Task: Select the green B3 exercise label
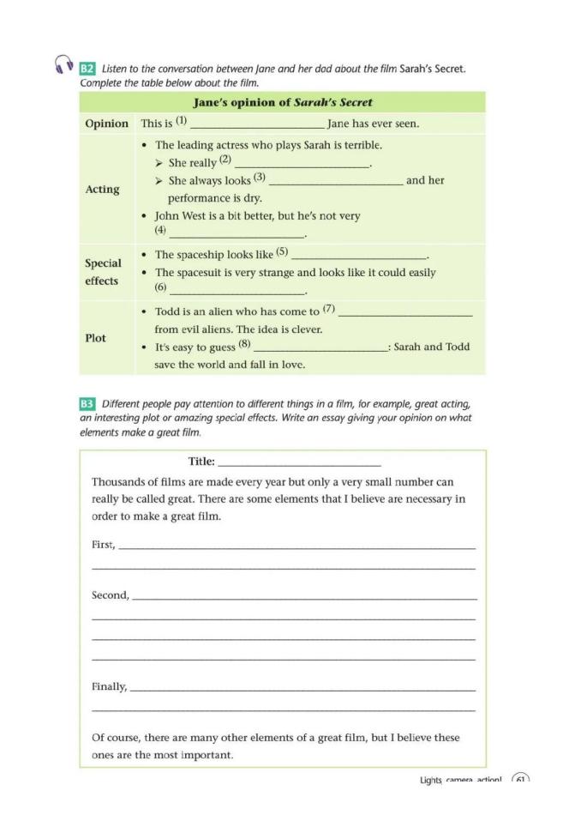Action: point(87,403)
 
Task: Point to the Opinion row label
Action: point(106,124)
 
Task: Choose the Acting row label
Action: point(103,189)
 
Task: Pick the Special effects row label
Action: point(103,272)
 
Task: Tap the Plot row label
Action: point(96,338)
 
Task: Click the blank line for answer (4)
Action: point(237,235)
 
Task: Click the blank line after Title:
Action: point(299,464)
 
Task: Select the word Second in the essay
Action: point(110,595)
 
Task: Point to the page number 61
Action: point(520,780)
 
